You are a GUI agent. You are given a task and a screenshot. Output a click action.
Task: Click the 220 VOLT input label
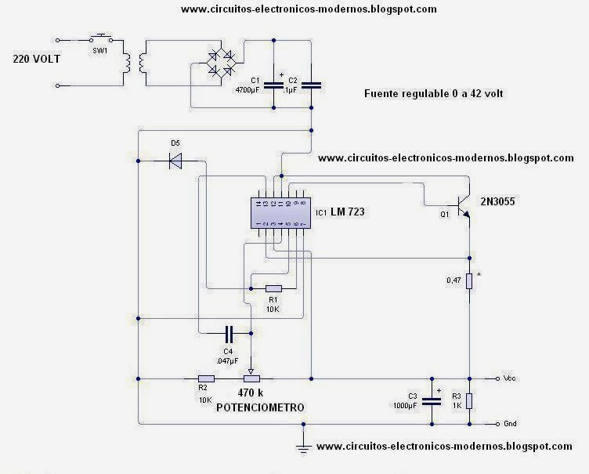pyautogui.click(x=38, y=59)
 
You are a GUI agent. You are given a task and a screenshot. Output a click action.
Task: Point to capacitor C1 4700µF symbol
pyautogui.click(x=273, y=85)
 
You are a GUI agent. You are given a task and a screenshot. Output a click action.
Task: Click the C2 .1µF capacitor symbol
pyautogui.click(x=312, y=85)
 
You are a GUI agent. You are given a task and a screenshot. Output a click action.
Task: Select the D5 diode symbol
pyautogui.click(x=175, y=161)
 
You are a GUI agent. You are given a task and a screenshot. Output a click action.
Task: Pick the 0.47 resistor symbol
pyautogui.click(x=468, y=280)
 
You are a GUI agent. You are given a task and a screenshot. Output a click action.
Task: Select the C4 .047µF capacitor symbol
pyautogui.click(x=229, y=331)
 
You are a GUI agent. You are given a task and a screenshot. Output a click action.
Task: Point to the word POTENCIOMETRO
pyautogui.click(x=260, y=407)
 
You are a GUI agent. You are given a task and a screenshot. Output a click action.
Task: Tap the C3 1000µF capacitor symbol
pyautogui.click(x=431, y=400)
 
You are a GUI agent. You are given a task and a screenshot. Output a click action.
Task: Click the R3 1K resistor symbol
pyautogui.click(x=468, y=400)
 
